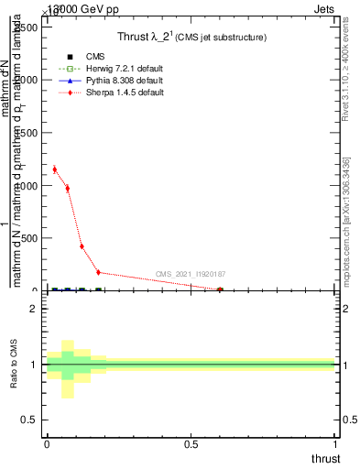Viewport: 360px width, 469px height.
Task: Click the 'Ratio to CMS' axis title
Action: tap(14, 365)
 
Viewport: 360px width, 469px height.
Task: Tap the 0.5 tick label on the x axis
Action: tap(191, 443)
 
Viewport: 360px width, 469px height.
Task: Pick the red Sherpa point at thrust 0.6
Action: tap(220, 289)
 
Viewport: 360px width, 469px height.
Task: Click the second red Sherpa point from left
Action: tap(68, 188)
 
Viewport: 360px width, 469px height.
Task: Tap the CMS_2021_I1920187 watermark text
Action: tap(191, 274)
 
